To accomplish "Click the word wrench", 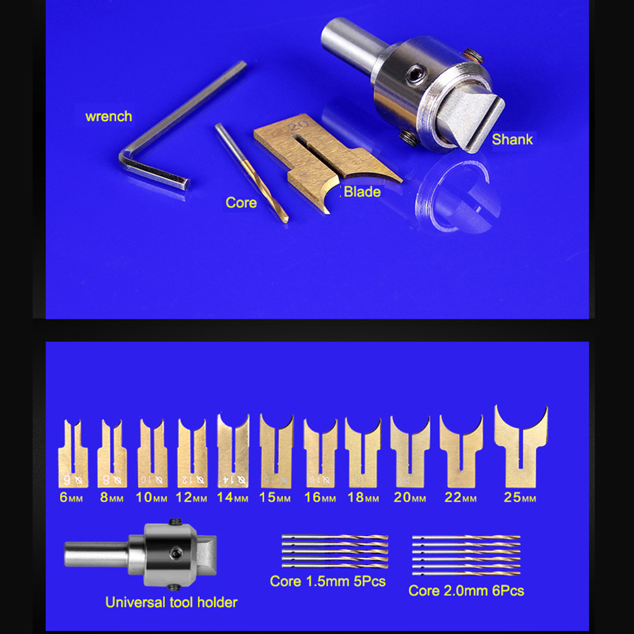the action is point(108,117).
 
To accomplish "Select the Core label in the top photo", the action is point(241,203).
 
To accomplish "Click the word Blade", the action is point(362,192).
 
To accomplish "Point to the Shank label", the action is point(512,139).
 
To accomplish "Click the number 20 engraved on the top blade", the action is point(298,126).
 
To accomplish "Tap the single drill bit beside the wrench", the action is point(251,173).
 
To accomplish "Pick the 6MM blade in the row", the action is point(73,453).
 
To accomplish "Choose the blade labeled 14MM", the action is point(233,450).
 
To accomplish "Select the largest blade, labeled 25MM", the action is point(521,447).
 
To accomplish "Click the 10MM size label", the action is point(151,497).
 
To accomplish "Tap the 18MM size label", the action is point(363,497).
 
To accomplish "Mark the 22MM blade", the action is point(461,451).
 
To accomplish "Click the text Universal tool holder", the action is point(171,602).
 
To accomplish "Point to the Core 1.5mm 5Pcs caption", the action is point(327,581).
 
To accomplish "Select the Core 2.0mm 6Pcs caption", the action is point(466,591).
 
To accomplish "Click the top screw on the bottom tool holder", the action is point(175,522).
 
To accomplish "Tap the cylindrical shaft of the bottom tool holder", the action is point(97,554).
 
